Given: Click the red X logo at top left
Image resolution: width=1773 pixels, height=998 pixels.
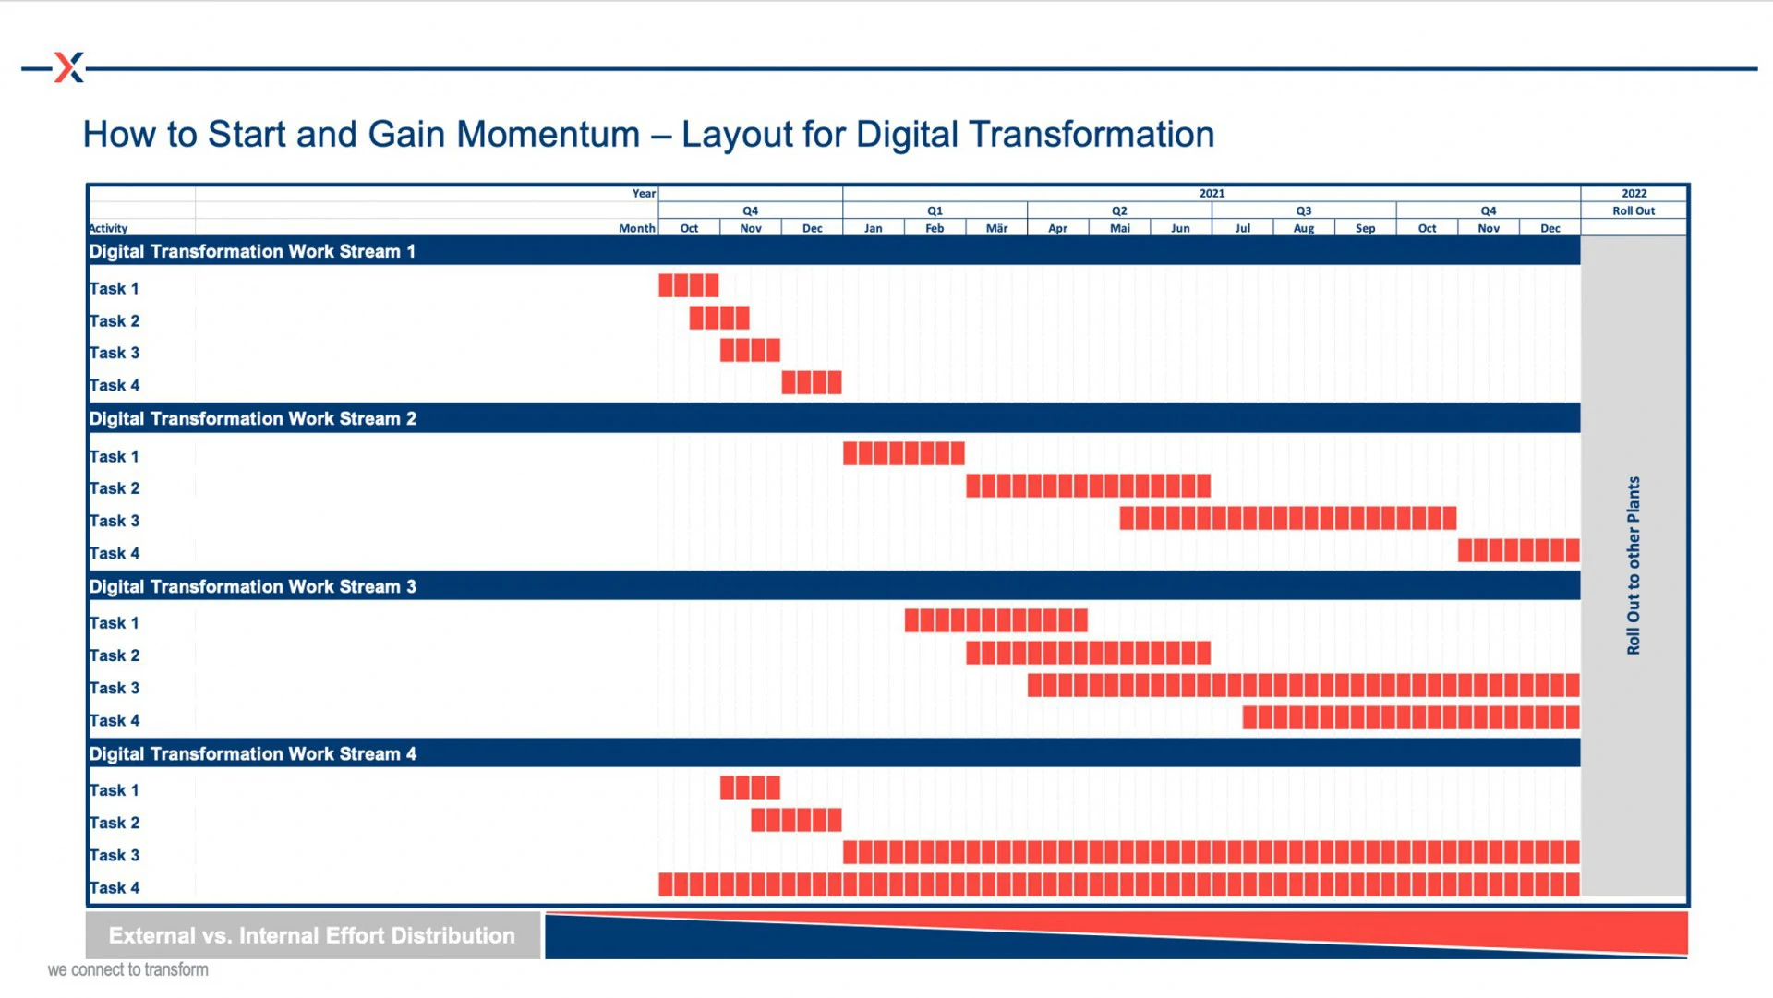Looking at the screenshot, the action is (69, 67).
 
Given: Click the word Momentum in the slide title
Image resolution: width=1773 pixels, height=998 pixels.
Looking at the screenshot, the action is (549, 135).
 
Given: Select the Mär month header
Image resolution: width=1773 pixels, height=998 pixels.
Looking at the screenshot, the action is (996, 228).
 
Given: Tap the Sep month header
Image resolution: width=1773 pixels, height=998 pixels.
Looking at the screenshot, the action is (1365, 228).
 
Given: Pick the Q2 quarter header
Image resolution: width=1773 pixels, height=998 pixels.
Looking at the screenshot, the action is (1119, 210).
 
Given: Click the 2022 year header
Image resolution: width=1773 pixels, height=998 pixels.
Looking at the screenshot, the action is (1634, 193).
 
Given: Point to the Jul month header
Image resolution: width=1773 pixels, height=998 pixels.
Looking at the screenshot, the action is (1242, 228).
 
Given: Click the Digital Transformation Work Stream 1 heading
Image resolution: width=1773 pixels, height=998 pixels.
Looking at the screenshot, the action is (252, 251).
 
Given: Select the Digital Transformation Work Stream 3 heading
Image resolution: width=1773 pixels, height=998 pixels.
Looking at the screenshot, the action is (252, 586).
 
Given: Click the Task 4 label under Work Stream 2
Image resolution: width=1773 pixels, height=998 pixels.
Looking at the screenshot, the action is (115, 553).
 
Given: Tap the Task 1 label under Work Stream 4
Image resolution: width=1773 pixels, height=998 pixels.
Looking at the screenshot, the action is (114, 790).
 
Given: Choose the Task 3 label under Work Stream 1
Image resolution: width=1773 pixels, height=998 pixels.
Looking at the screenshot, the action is (115, 353).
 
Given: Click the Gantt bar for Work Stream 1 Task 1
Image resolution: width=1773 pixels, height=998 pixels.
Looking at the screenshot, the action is (689, 285).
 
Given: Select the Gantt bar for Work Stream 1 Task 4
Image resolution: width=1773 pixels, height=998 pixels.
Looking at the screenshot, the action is (812, 382).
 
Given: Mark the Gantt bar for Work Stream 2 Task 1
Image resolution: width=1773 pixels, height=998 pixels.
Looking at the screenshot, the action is (904, 453).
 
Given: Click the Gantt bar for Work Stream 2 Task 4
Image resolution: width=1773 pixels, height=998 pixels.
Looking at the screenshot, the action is (1519, 550).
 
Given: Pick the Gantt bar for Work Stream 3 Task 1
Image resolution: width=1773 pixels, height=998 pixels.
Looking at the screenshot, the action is (996, 620).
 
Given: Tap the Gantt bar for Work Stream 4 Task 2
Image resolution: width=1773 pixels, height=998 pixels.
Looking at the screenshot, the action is (796, 820).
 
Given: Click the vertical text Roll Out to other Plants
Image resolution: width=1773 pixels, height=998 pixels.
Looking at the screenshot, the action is (1634, 566).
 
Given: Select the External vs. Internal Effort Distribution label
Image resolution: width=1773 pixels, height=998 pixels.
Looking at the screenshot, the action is (312, 935).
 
